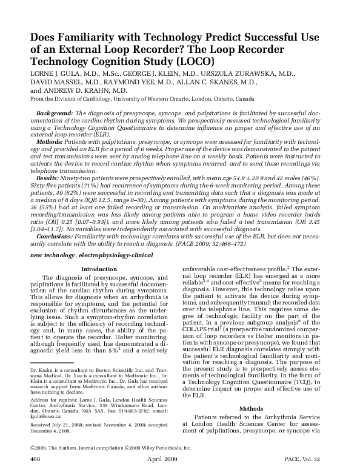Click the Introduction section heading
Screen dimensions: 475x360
coord(99,268)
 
